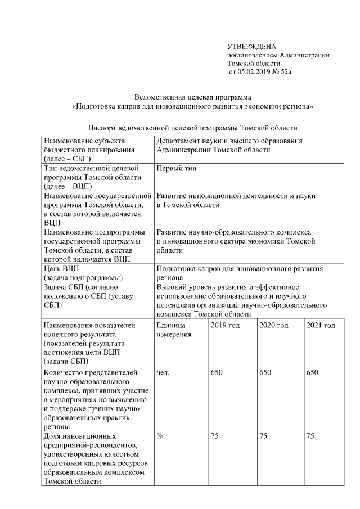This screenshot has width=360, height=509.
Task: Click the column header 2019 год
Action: click(224, 326)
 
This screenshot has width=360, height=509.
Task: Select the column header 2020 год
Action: click(273, 326)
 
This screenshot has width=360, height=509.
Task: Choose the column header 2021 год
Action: click(321, 326)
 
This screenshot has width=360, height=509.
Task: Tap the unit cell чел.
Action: click(163, 372)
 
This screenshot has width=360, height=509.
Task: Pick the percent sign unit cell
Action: click(160, 436)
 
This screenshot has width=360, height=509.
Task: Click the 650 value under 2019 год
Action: click(217, 372)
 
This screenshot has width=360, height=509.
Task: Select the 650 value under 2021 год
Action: click(312, 372)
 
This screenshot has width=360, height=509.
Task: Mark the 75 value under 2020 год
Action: click(263, 436)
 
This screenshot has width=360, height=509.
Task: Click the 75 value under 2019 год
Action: click(214, 436)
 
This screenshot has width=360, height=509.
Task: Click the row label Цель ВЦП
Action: click(61, 268)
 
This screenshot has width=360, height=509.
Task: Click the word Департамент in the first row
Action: click(179, 141)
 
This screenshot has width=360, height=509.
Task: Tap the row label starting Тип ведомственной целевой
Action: click(87, 169)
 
